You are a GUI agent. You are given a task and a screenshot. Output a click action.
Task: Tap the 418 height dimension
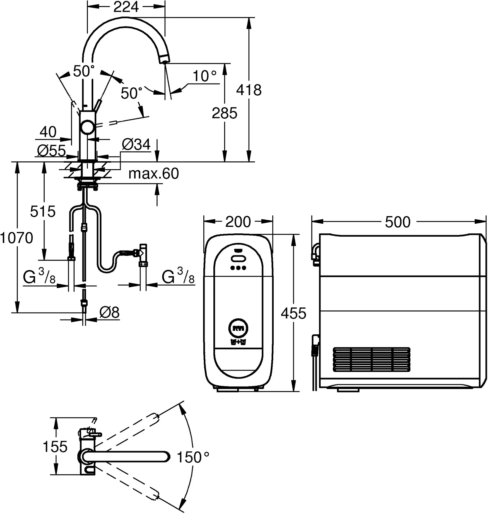[249, 90]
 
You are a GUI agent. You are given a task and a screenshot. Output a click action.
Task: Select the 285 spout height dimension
[224, 113]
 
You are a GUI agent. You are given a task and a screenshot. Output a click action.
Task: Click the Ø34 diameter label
[136, 144]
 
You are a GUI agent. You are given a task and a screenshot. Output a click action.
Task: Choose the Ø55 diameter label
[51, 151]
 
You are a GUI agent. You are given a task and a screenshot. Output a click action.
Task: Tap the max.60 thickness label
[154, 173]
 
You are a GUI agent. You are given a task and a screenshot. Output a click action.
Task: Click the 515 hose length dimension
[43, 211]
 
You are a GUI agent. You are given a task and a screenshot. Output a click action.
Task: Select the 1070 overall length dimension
[17, 238]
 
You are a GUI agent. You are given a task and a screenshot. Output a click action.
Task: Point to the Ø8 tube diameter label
[109, 312]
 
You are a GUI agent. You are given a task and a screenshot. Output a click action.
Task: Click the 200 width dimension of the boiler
[238, 222]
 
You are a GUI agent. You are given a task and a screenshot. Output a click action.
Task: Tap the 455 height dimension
[293, 313]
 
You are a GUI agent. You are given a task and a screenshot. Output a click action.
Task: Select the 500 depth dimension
[398, 222]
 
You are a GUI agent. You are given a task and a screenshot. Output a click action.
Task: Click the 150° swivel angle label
[193, 457]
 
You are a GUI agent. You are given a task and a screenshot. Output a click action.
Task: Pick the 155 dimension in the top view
[55, 447]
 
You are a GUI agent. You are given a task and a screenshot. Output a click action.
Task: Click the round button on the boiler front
[238, 328]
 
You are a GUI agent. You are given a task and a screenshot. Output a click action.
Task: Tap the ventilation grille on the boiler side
[372, 359]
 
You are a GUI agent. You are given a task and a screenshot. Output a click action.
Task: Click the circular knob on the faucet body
[88, 127]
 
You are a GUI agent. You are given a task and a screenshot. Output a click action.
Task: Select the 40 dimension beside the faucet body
[48, 132]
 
